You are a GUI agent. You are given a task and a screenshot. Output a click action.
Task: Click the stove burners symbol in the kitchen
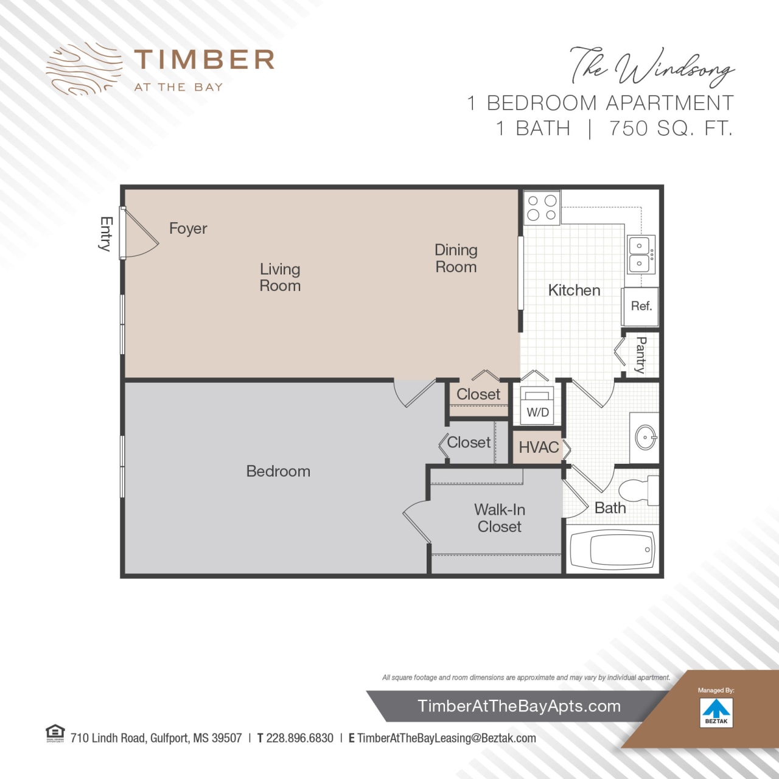(542, 208)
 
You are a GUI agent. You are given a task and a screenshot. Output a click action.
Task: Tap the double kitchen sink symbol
(640, 254)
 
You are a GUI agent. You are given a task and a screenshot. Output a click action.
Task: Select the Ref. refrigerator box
(641, 306)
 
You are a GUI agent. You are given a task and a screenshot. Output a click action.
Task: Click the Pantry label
(640, 355)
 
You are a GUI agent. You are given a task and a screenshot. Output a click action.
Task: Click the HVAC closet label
(538, 447)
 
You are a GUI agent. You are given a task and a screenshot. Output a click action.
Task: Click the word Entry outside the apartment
(106, 234)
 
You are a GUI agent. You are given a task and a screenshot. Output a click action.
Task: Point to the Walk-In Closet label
(500, 518)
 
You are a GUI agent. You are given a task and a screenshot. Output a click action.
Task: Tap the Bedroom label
(278, 471)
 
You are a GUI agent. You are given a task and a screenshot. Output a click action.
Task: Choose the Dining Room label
(456, 258)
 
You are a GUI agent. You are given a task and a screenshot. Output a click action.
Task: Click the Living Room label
(280, 277)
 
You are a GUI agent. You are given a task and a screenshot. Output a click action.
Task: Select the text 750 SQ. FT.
(671, 128)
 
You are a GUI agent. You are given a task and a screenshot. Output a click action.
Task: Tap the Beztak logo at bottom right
(716, 711)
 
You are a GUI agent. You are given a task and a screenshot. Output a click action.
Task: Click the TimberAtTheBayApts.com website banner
(519, 706)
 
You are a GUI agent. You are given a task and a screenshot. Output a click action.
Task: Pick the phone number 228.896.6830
(299, 738)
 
